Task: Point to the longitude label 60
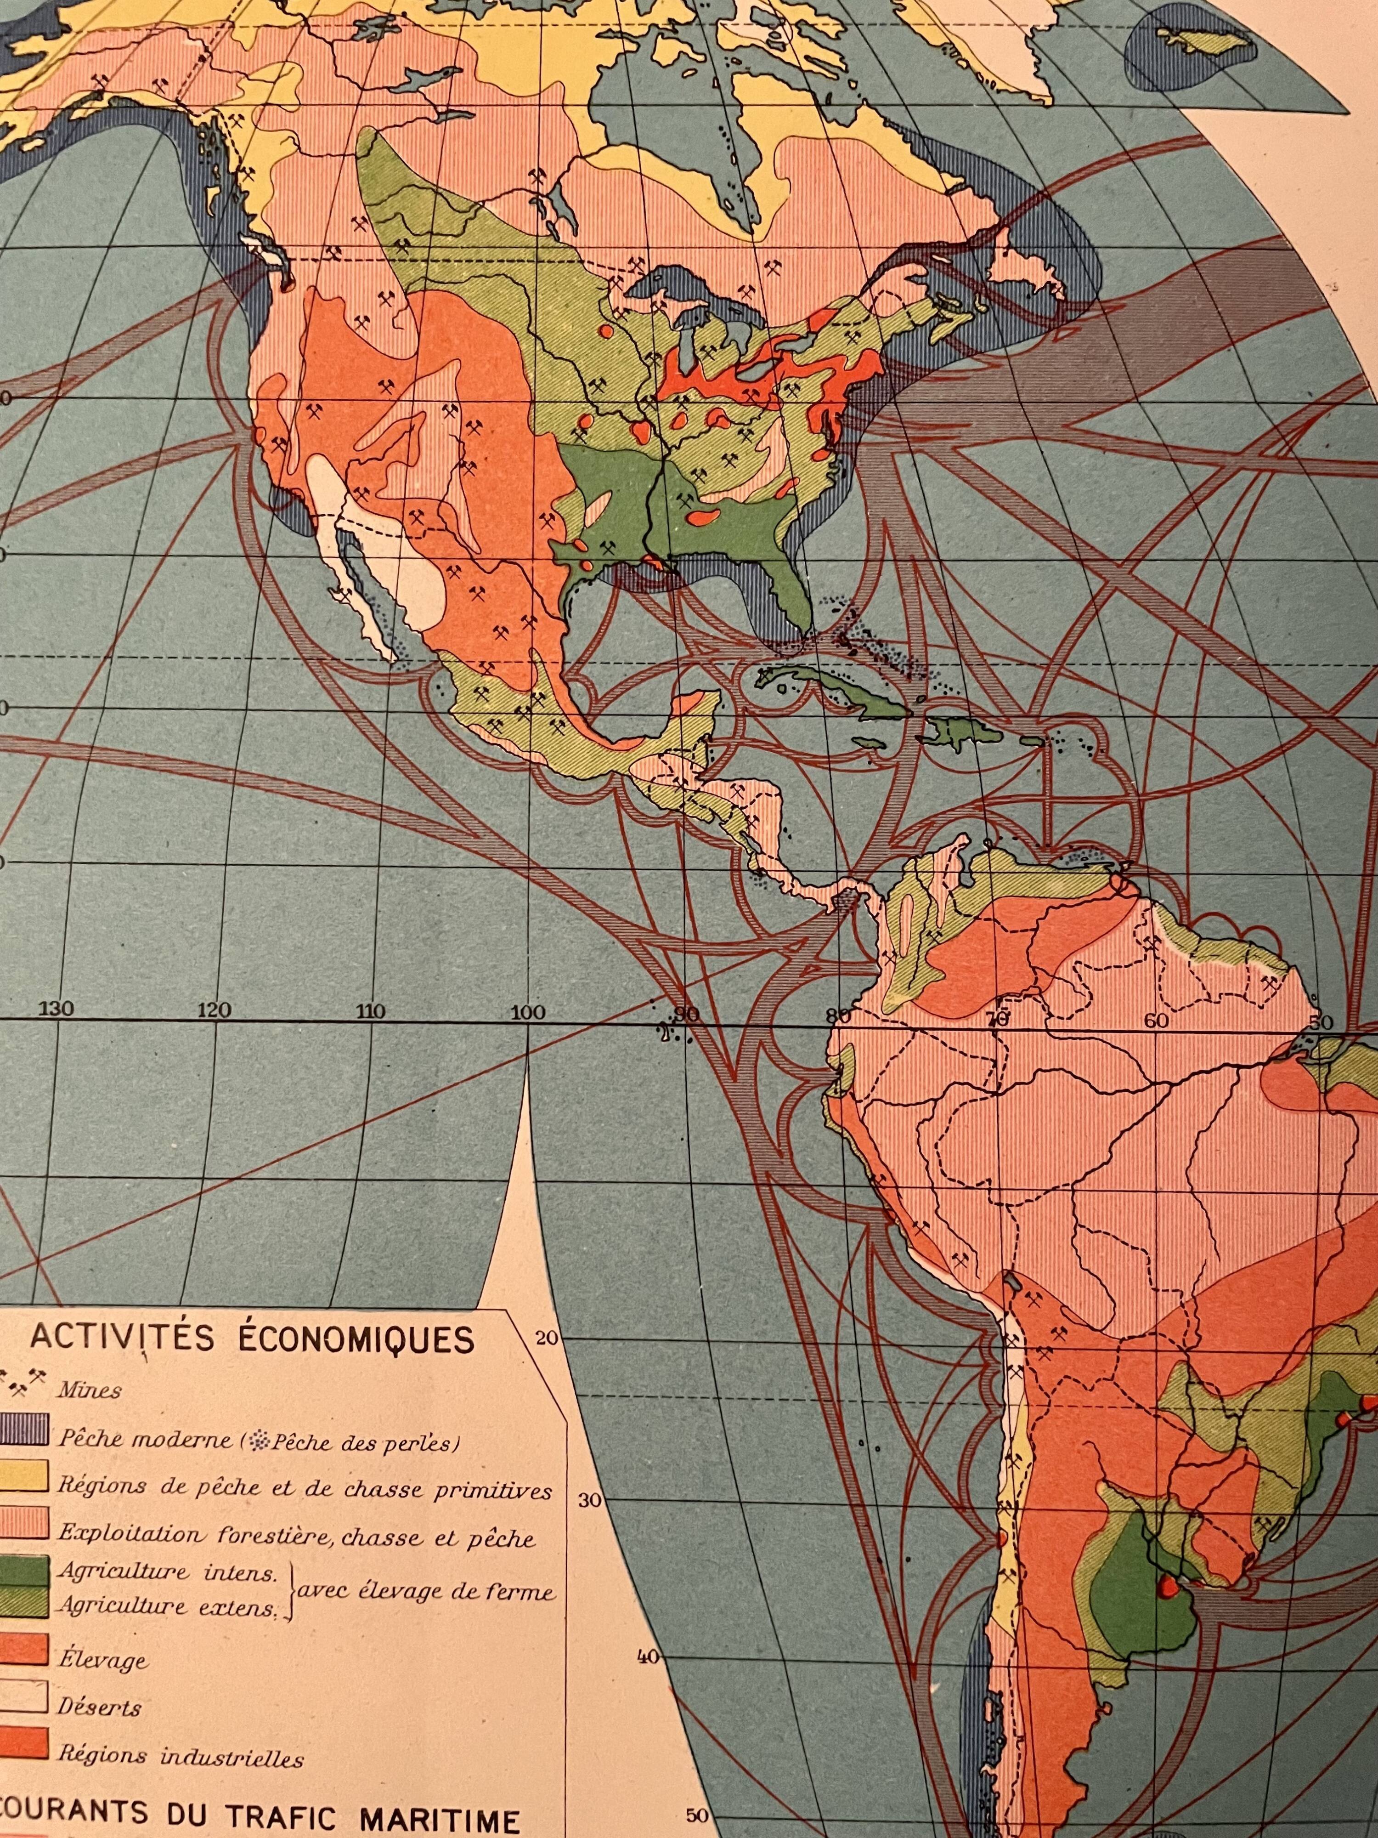coord(1156,1021)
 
